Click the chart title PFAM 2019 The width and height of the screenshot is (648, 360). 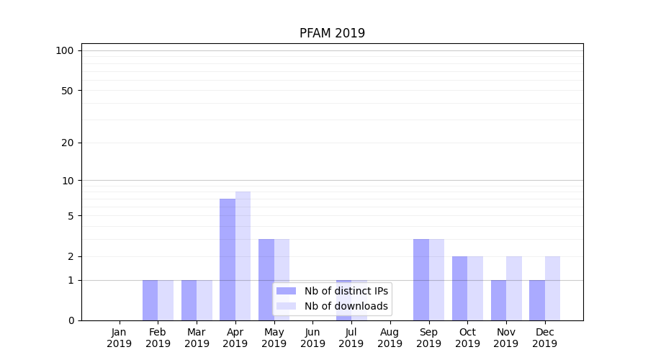tap(332, 33)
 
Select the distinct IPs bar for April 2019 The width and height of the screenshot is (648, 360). tap(228, 259)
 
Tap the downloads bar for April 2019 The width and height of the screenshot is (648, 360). tap(243, 256)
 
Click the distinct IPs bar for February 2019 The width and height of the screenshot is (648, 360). tap(150, 300)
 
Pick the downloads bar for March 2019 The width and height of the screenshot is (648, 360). tap(204, 300)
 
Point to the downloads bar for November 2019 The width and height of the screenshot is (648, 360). tap(514, 288)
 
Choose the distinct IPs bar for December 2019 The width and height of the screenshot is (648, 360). tap(537, 300)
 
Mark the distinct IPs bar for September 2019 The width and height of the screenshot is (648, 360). tap(421, 279)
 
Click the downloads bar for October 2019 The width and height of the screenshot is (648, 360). tap(475, 288)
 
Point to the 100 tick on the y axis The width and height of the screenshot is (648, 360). tap(65, 50)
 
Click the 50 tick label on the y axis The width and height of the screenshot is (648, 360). tap(68, 91)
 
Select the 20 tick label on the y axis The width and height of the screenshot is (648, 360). tap(68, 143)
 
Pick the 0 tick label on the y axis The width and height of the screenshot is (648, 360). tap(71, 320)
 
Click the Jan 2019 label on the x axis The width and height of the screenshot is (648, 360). tap(120, 338)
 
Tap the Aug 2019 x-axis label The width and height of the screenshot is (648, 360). tap(390, 338)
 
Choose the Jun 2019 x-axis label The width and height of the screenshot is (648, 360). tap(312, 338)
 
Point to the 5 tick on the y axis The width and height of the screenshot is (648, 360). tap(71, 216)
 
